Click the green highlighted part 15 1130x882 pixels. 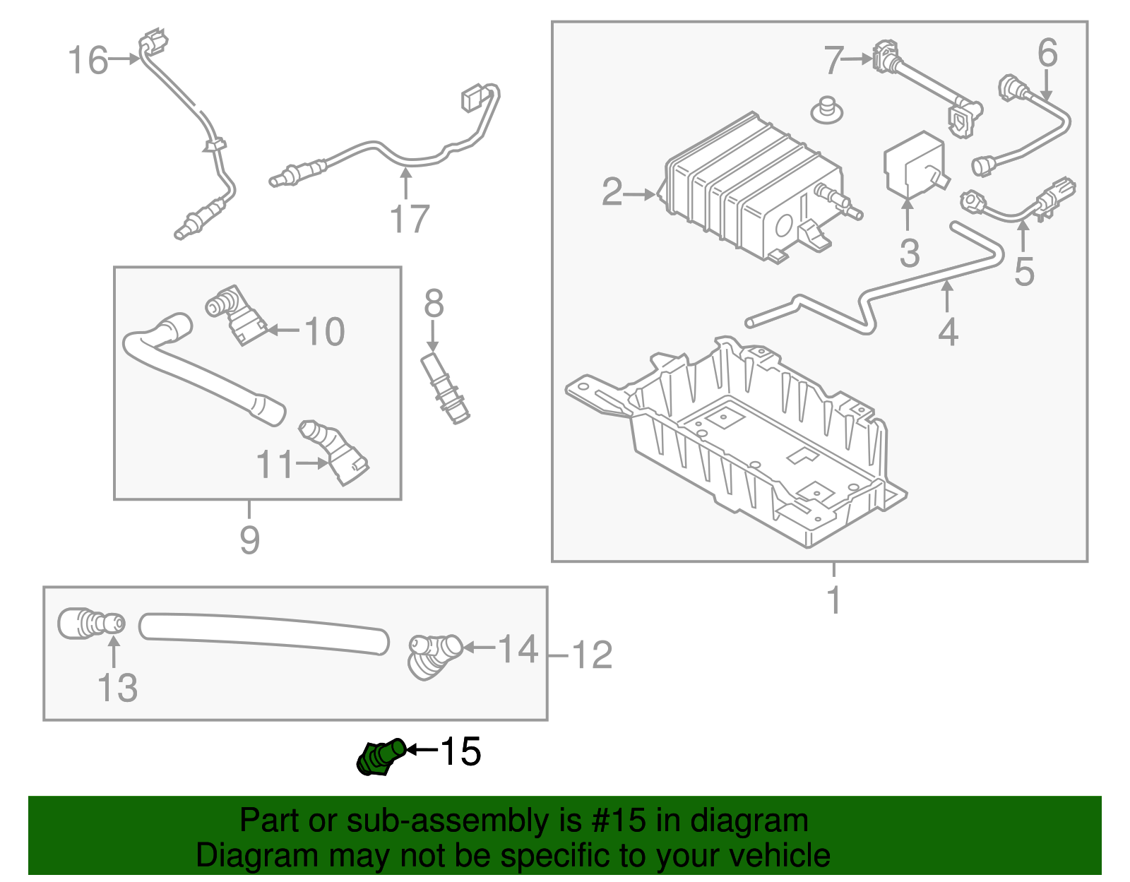pyautogui.click(x=380, y=757)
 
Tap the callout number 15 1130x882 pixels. pyautogui.click(x=460, y=751)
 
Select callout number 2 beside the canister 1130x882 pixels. pyautogui.click(x=612, y=192)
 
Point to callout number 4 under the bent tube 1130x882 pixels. pyautogui.click(x=948, y=332)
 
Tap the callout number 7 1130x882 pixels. pyautogui.click(x=833, y=61)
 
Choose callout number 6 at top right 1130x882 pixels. pyautogui.click(x=1047, y=53)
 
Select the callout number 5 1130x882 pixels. pyautogui.click(x=1024, y=272)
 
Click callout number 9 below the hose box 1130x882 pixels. pyautogui.click(x=250, y=540)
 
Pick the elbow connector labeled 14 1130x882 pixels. pyautogui.click(x=432, y=656)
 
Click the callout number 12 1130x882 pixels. pyautogui.click(x=592, y=655)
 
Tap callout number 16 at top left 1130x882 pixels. pyautogui.click(x=88, y=61)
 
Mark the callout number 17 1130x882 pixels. pyautogui.click(x=410, y=219)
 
